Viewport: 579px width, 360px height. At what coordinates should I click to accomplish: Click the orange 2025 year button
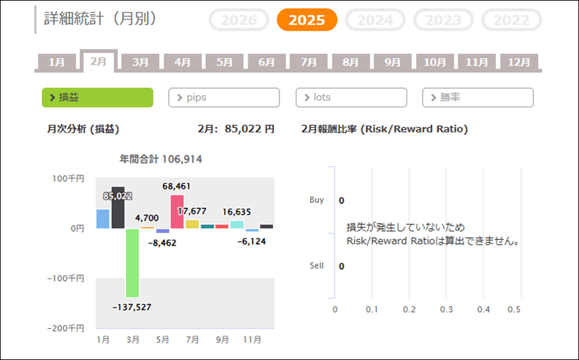tap(307, 20)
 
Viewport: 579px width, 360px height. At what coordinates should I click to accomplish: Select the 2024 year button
tap(375, 20)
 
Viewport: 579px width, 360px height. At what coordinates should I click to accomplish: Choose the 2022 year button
tap(511, 20)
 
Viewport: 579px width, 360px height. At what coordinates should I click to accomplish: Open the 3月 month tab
tap(140, 62)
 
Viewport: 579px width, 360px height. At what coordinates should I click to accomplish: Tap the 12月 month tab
tap(519, 62)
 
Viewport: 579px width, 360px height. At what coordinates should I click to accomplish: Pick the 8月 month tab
tap(351, 62)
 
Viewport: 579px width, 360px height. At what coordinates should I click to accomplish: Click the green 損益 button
tap(97, 98)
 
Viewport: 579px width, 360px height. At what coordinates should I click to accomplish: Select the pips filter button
tap(224, 98)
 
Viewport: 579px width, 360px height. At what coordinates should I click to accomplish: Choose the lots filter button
tap(351, 98)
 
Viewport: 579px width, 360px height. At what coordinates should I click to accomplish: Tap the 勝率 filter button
tap(478, 98)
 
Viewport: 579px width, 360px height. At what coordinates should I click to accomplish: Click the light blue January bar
tap(103, 219)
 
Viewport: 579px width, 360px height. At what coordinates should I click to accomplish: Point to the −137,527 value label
tap(132, 307)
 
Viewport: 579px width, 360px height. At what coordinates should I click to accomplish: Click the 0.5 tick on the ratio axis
tap(514, 309)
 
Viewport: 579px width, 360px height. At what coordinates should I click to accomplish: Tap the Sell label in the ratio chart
tap(317, 265)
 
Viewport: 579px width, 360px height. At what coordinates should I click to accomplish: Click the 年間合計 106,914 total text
tap(161, 159)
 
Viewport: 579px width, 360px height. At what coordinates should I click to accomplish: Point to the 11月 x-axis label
tap(252, 339)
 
